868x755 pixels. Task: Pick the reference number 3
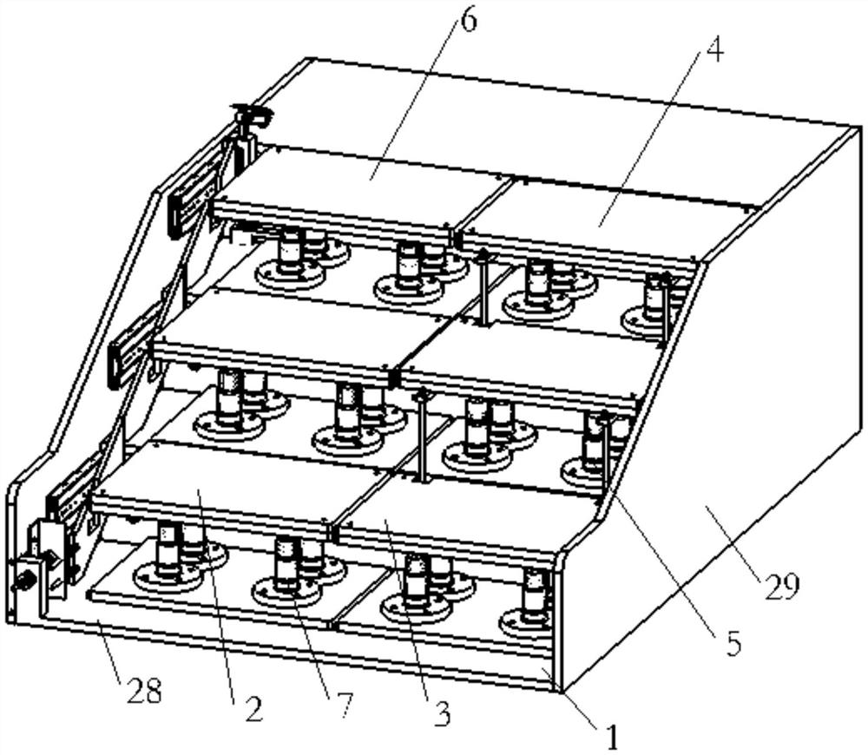coord(442,714)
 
